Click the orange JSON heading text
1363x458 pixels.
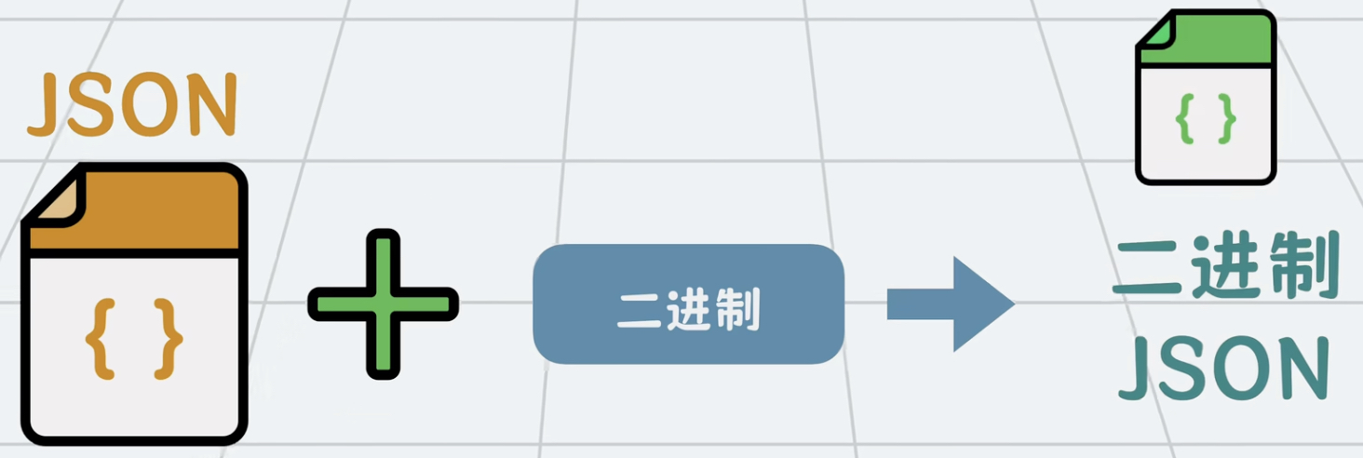132,105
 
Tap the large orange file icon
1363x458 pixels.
134,303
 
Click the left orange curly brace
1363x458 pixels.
100,338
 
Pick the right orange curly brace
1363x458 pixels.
169,338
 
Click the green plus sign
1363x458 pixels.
383,303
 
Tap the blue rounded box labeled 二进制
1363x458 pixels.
688,304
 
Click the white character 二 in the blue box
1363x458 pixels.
638,310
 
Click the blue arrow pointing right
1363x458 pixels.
951,304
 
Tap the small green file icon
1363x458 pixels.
1205,97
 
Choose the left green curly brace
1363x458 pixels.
1184,118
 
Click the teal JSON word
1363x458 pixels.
1222,368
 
